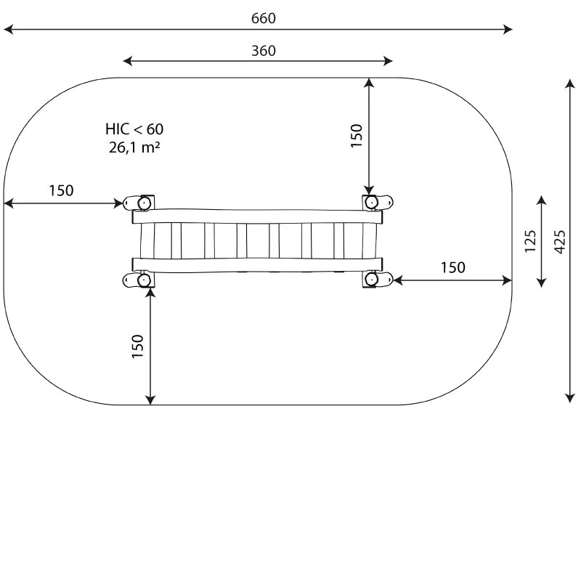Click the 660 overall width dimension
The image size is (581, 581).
(x=264, y=18)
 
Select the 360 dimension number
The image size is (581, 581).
(x=264, y=51)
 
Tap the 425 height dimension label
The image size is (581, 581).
(x=560, y=242)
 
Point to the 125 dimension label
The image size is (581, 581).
(x=530, y=242)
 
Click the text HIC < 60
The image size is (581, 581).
(x=134, y=129)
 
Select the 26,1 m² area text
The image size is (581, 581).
(x=134, y=147)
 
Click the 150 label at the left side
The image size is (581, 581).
(x=62, y=190)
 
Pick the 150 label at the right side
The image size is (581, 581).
(x=452, y=267)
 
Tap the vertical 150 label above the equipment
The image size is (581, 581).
(x=356, y=136)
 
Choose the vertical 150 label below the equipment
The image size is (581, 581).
(x=137, y=346)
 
